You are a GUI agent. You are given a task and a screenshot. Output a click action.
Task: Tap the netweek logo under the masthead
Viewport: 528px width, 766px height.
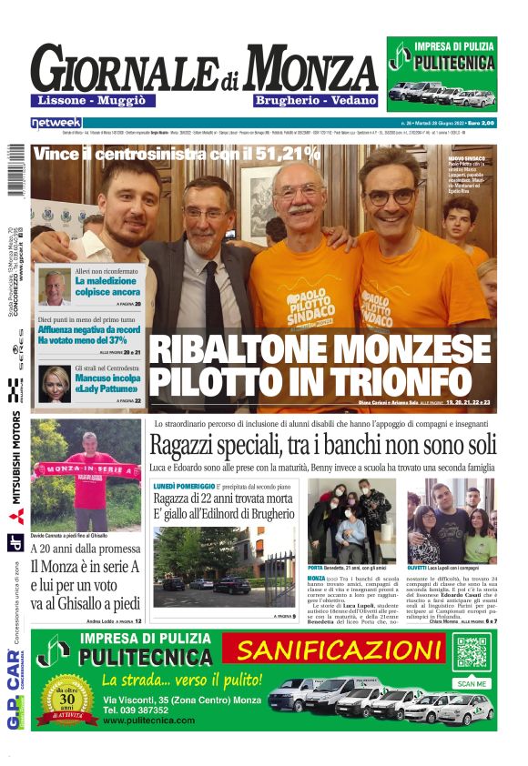pos(56,122)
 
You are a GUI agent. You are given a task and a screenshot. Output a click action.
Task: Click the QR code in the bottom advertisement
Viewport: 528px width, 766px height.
pos(472,654)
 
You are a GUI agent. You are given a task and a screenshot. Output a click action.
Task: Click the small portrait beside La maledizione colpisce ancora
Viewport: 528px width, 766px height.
pos(55,286)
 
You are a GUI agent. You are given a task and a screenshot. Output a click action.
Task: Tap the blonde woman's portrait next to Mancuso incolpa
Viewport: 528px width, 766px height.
pos(55,384)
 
